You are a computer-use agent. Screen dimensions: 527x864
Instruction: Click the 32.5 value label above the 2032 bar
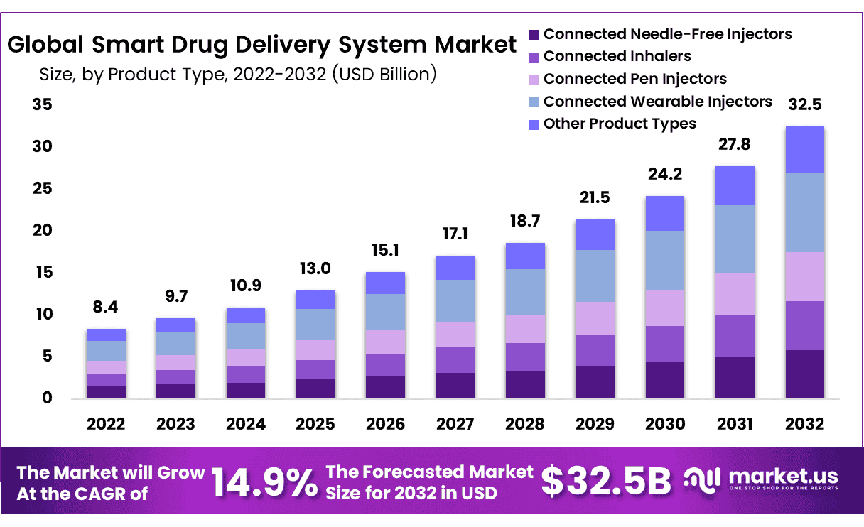pos(805,104)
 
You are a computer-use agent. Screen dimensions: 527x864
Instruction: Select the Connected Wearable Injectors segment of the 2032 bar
pos(805,212)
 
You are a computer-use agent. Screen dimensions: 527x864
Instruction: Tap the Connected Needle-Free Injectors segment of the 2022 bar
pos(107,392)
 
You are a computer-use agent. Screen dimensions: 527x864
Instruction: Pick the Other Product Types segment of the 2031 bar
pos(735,186)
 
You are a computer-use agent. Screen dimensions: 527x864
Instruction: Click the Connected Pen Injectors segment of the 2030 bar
pos(665,308)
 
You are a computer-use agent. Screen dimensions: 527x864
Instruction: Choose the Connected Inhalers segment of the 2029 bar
pos(595,350)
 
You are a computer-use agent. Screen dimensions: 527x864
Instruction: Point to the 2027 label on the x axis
pos(455,424)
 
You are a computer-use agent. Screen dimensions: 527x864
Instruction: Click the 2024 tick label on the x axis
pos(246,424)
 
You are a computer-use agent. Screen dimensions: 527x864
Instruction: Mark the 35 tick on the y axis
pos(42,104)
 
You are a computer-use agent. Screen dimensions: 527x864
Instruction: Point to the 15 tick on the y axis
pos(42,272)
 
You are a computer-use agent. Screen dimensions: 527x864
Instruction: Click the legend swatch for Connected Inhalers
pos(533,57)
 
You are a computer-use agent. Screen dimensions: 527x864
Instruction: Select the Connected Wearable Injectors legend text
pos(657,102)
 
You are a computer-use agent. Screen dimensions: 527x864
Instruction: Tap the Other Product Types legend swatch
pos(533,124)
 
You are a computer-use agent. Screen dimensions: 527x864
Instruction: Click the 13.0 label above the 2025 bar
pos(315,268)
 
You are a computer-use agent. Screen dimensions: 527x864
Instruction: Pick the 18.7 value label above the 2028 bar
pos(525,222)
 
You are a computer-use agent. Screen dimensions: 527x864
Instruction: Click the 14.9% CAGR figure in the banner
pos(264,483)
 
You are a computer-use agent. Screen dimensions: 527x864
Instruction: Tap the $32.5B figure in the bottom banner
pos(605,482)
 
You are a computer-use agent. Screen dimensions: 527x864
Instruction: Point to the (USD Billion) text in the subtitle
pos(384,73)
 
